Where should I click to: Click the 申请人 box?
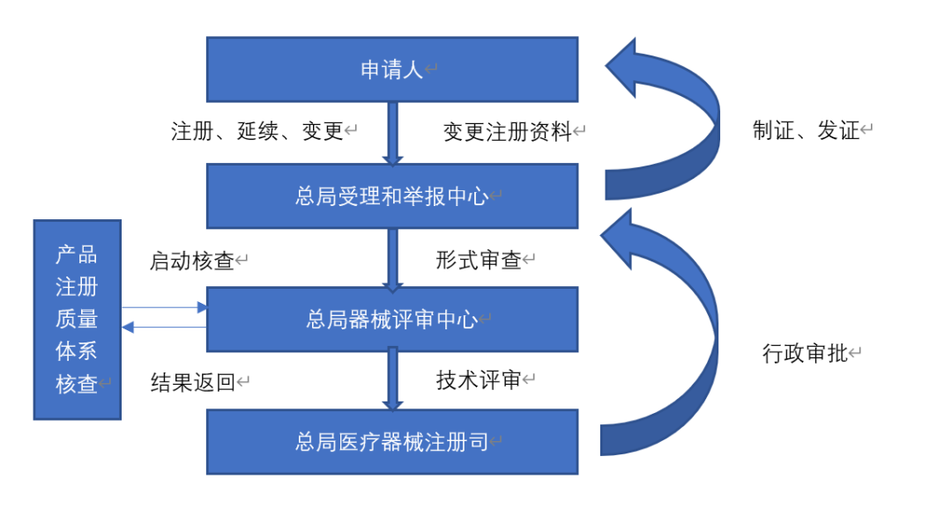point(392,70)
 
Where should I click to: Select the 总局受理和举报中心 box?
point(392,195)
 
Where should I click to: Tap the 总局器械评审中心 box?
point(392,319)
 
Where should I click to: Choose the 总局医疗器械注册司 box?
point(392,441)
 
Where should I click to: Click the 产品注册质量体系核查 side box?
point(78,320)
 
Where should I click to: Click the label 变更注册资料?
point(507,132)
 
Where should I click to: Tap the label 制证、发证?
point(806,131)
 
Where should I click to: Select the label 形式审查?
point(479,261)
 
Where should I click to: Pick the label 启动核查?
point(192,261)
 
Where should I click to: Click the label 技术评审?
point(479,380)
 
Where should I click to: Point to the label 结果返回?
point(193,382)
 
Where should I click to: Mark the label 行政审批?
point(804,354)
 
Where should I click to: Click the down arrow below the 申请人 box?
point(393,133)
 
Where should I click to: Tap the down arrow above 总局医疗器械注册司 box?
point(393,379)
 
